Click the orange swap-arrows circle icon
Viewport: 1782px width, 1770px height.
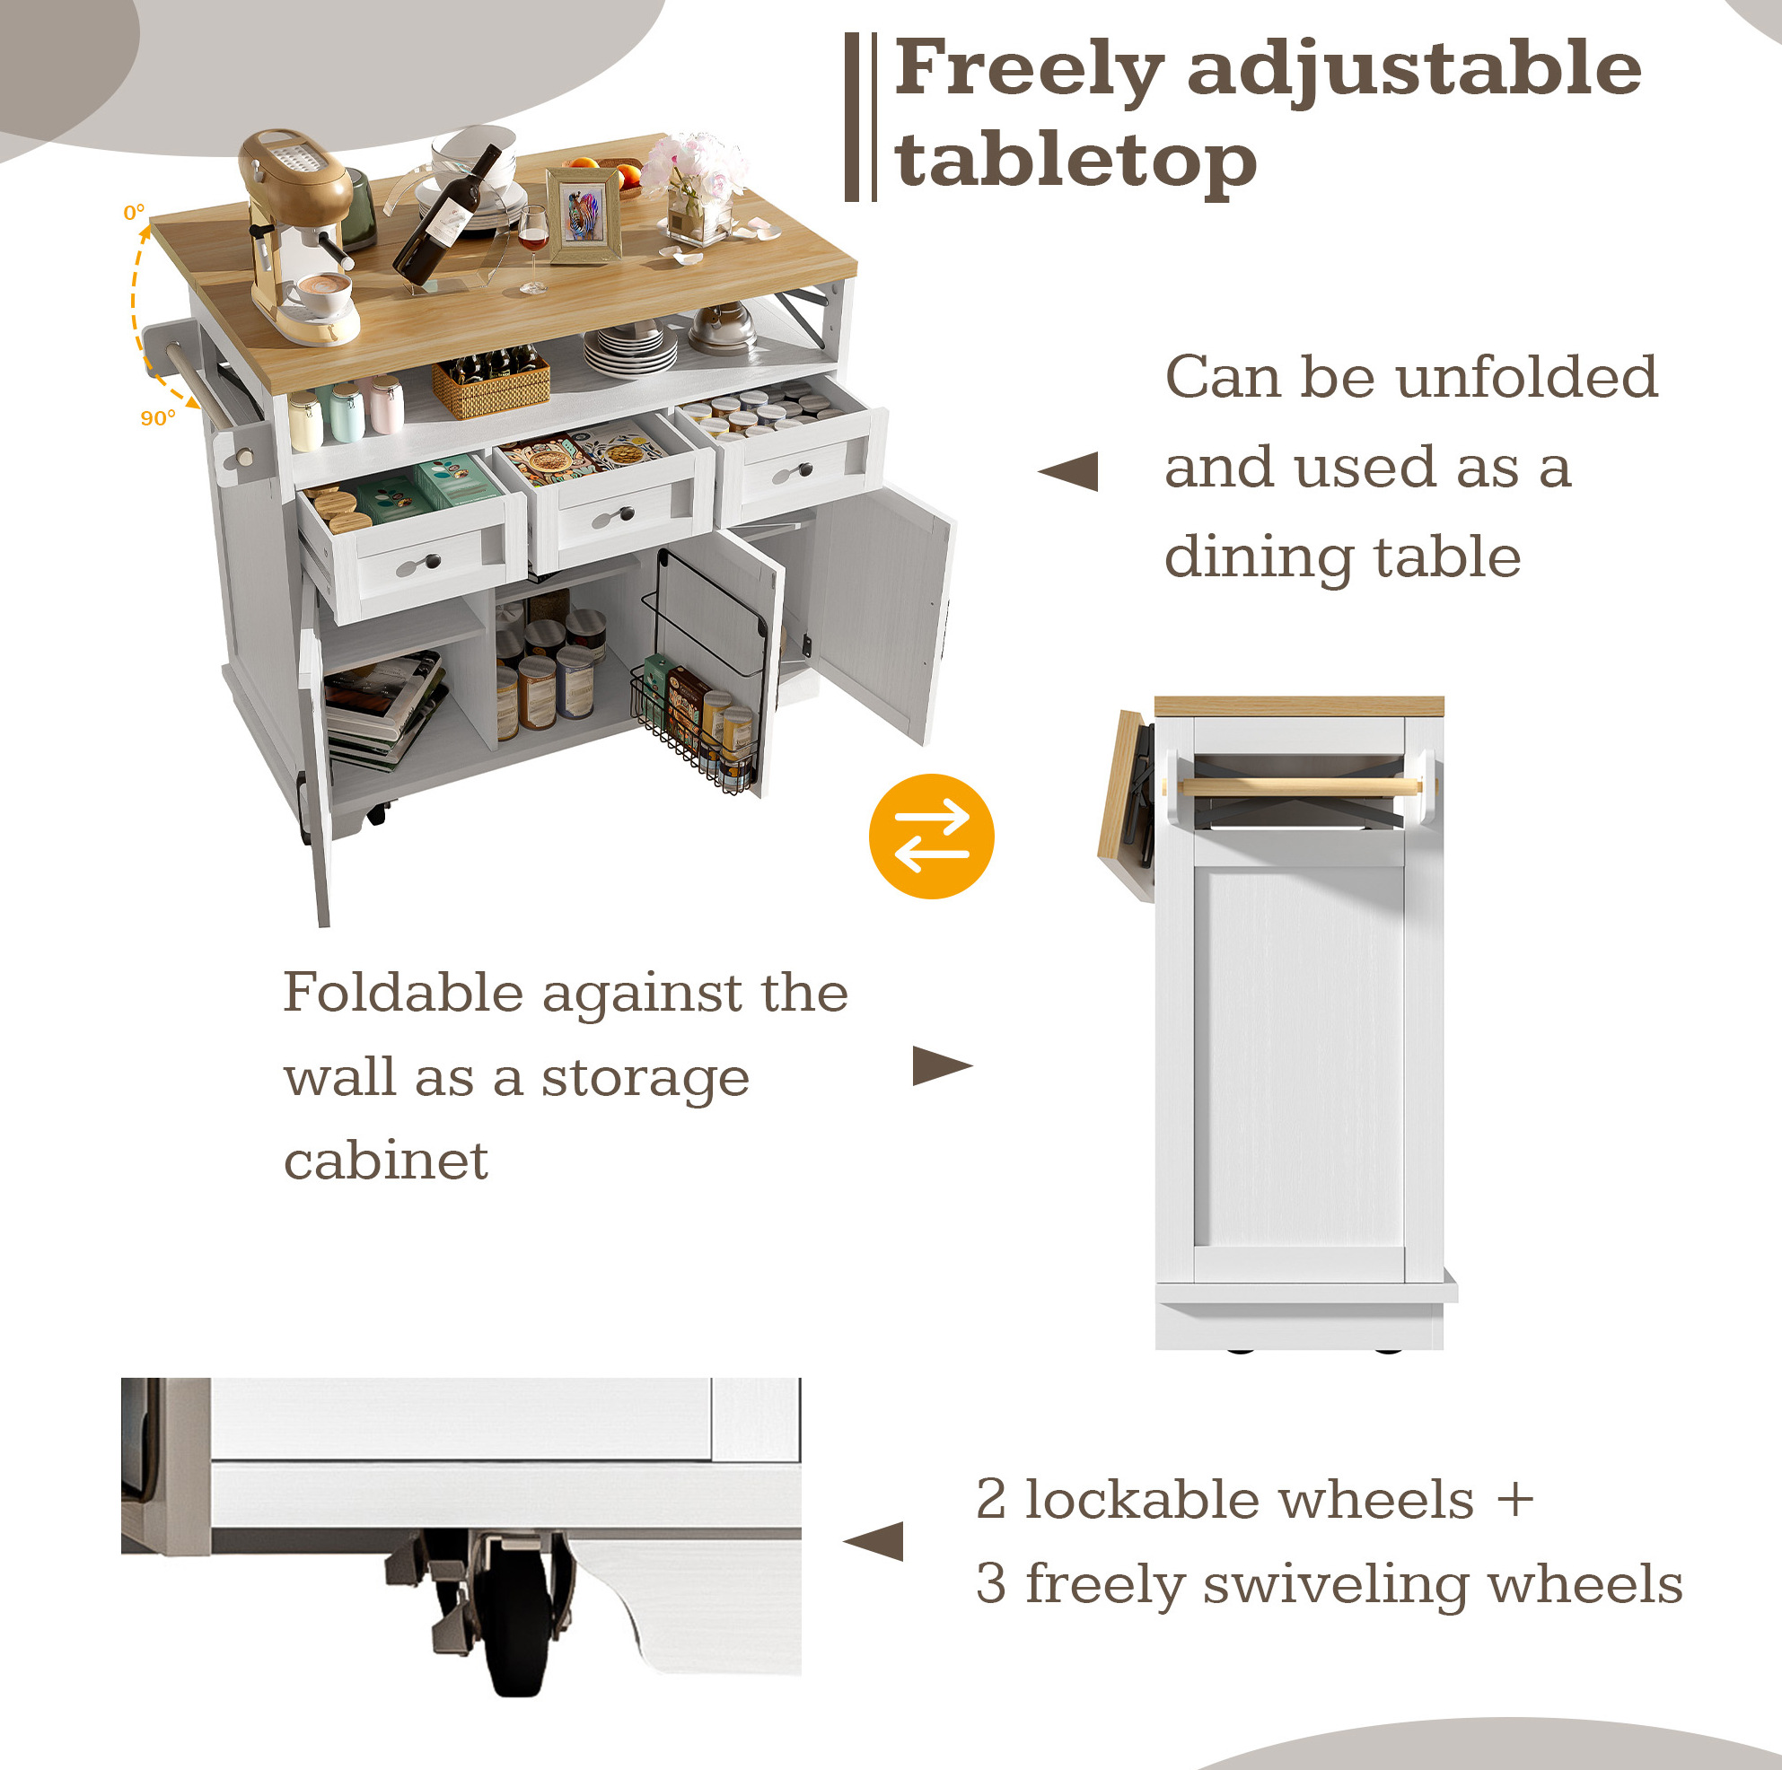(x=931, y=836)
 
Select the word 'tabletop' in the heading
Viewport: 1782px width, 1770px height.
(x=1075, y=162)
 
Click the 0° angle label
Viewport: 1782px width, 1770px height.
(x=134, y=212)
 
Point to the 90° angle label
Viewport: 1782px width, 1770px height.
(x=158, y=418)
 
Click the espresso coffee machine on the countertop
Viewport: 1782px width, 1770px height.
(x=298, y=235)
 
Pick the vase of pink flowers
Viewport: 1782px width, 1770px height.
(x=694, y=189)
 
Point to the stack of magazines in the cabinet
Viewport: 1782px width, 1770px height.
(x=382, y=708)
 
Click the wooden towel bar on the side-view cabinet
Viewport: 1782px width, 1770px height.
(x=1300, y=787)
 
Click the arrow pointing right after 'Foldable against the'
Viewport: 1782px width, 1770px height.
(x=943, y=1065)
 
